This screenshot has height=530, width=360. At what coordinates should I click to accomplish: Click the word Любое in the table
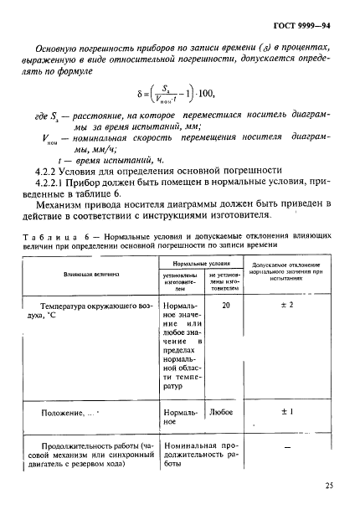[x=221, y=413]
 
